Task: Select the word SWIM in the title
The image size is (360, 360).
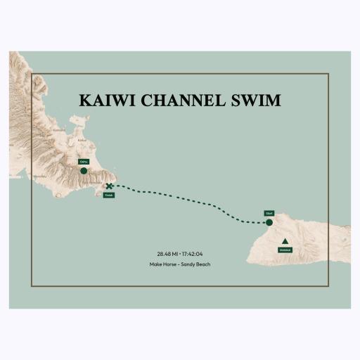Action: pyautogui.click(x=256, y=101)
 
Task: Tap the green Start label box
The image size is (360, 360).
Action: pyautogui.click(x=269, y=212)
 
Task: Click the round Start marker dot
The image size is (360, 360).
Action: pyautogui.click(x=269, y=223)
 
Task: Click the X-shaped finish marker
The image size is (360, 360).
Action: pyautogui.click(x=109, y=186)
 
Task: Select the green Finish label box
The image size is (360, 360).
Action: pyautogui.click(x=108, y=195)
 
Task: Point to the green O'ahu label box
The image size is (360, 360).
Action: pyautogui.click(x=84, y=162)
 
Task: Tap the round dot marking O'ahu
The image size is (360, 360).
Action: pyautogui.click(x=84, y=171)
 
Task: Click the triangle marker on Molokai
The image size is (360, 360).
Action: pyautogui.click(x=285, y=241)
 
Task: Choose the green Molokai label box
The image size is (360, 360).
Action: pyautogui.click(x=285, y=250)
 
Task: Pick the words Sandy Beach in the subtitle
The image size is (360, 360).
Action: pyautogui.click(x=197, y=264)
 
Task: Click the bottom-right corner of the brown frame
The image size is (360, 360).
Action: pyautogui.click(x=329, y=286)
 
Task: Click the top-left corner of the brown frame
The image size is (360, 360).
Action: pyautogui.click(x=32, y=73)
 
